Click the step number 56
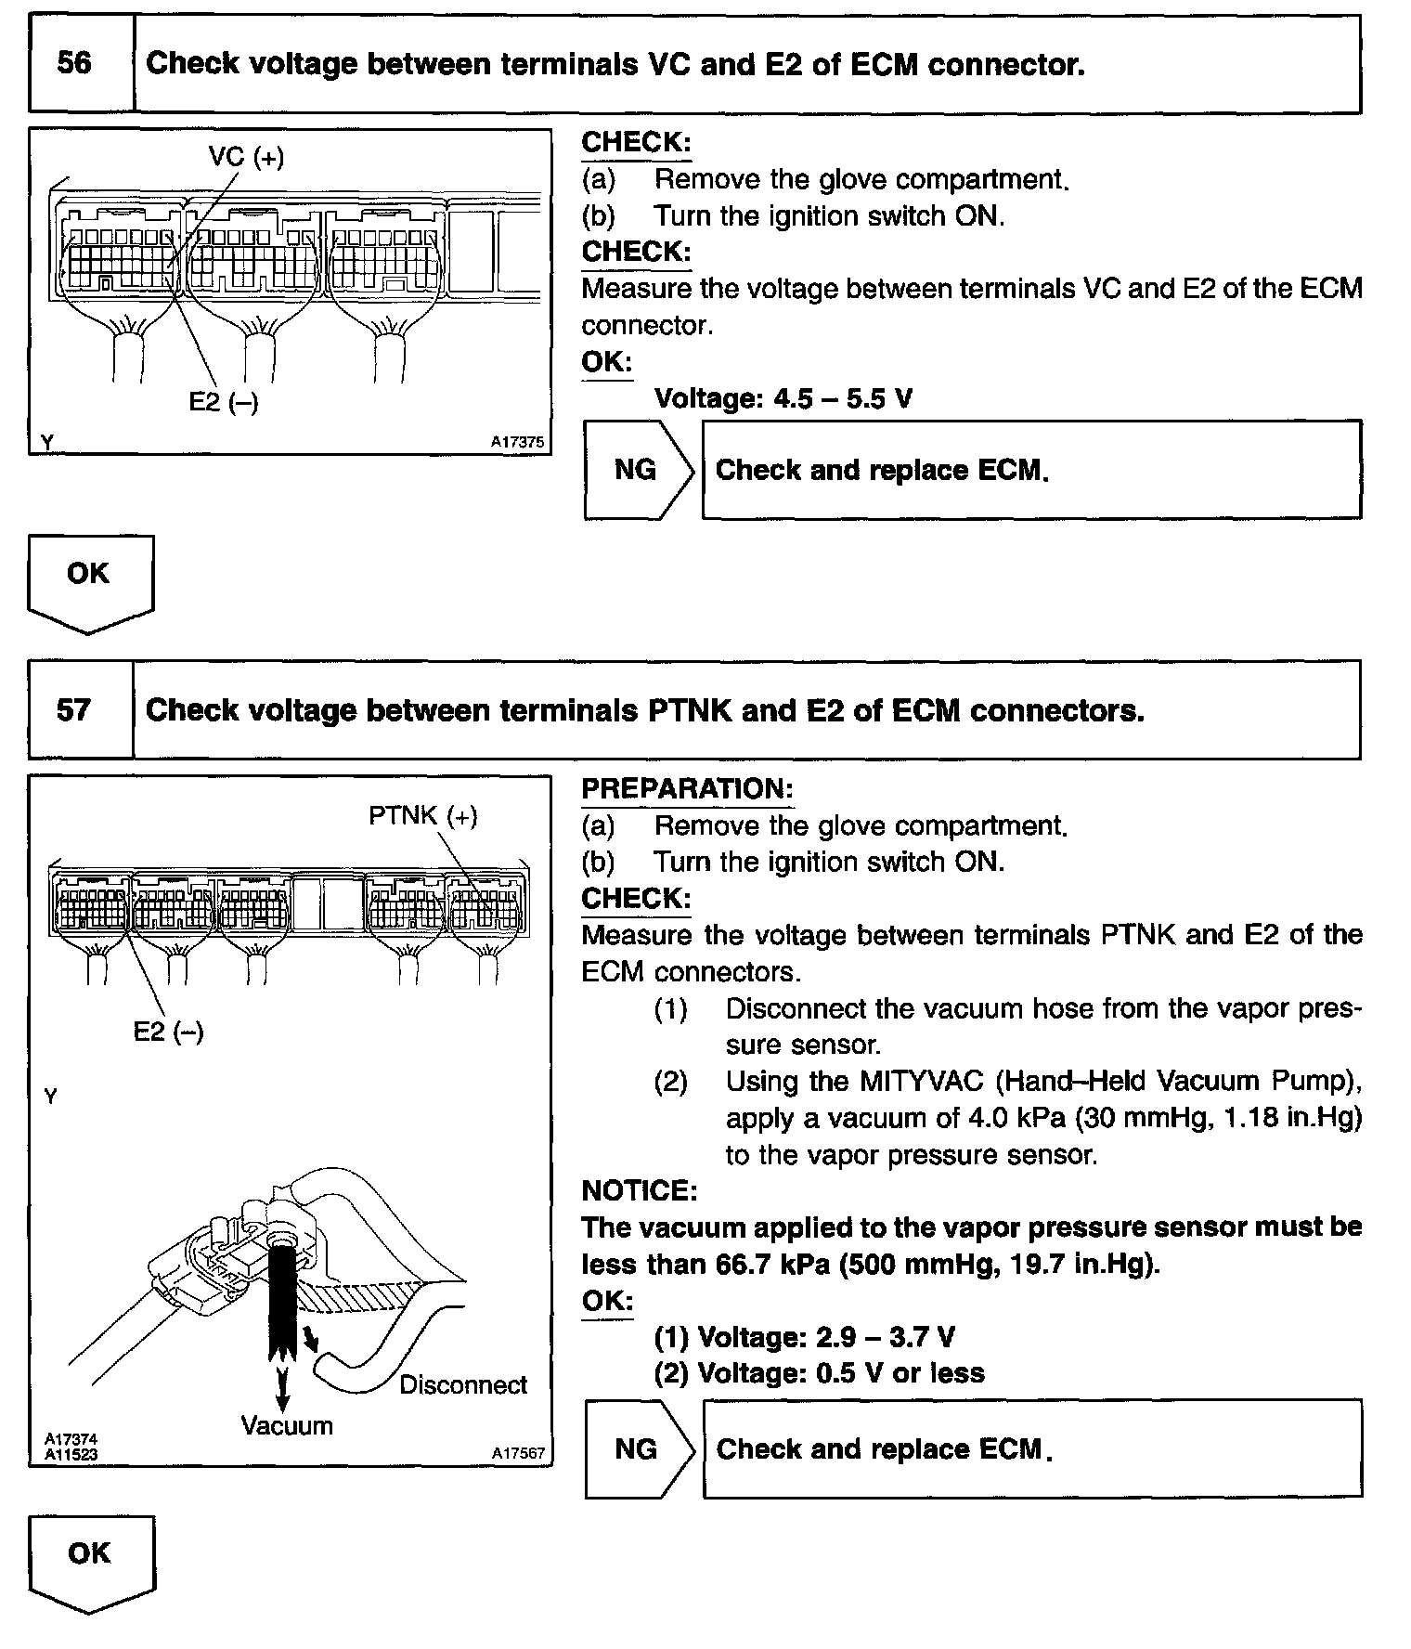coord(74,63)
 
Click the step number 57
coord(73,710)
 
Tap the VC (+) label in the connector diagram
coord(246,157)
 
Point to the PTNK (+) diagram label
coord(423,815)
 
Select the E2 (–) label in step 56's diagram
coord(224,402)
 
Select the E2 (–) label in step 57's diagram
coord(168,1032)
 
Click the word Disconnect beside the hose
coord(463,1384)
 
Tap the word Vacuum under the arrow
coord(287,1425)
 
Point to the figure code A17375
coord(517,443)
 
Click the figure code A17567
coord(518,1453)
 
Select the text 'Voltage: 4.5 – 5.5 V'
coord(783,399)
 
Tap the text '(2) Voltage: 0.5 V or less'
coord(819,1372)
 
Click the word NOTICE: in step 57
coord(639,1190)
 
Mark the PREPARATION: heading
coord(687,789)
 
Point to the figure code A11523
coord(71,1454)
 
